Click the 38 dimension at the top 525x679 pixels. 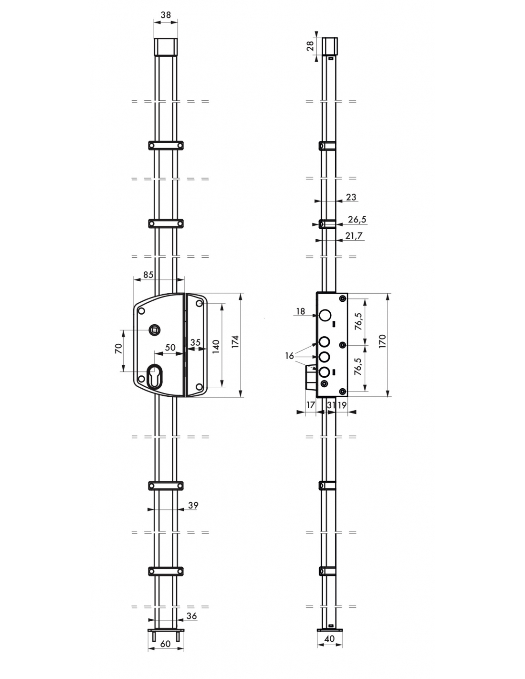pyautogui.click(x=166, y=15)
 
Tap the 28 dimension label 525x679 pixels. pyautogui.click(x=310, y=46)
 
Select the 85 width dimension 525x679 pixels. pyautogui.click(x=148, y=275)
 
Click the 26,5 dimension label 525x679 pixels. pyautogui.click(x=357, y=220)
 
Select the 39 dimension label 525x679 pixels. pyautogui.click(x=193, y=506)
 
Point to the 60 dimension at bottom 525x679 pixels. pyautogui.click(x=166, y=644)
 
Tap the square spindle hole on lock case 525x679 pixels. pyautogui.click(x=155, y=329)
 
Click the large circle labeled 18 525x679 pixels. pyautogui.click(x=325, y=316)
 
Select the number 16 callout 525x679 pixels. pyautogui.click(x=289, y=356)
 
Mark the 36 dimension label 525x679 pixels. pyautogui.click(x=191, y=616)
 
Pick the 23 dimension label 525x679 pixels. pyautogui.click(x=351, y=197)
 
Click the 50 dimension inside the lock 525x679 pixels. pyautogui.click(x=170, y=348)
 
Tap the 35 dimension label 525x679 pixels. pyautogui.click(x=195, y=342)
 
